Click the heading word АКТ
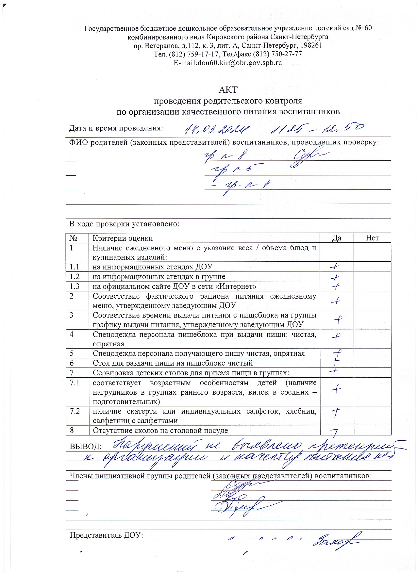(x=228, y=90)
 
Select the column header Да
(x=337, y=238)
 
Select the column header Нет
(x=372, y=238)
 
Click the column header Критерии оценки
(x=123, y=238)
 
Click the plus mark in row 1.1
(x=334, y=267)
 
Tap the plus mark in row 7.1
(x=335, y=388)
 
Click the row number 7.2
(x=75, y=411)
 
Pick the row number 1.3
(x=75, y=286)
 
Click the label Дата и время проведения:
(x=116, y=128)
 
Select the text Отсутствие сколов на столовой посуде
(x=160, y=430)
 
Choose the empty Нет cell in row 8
(x=372, y=430)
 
